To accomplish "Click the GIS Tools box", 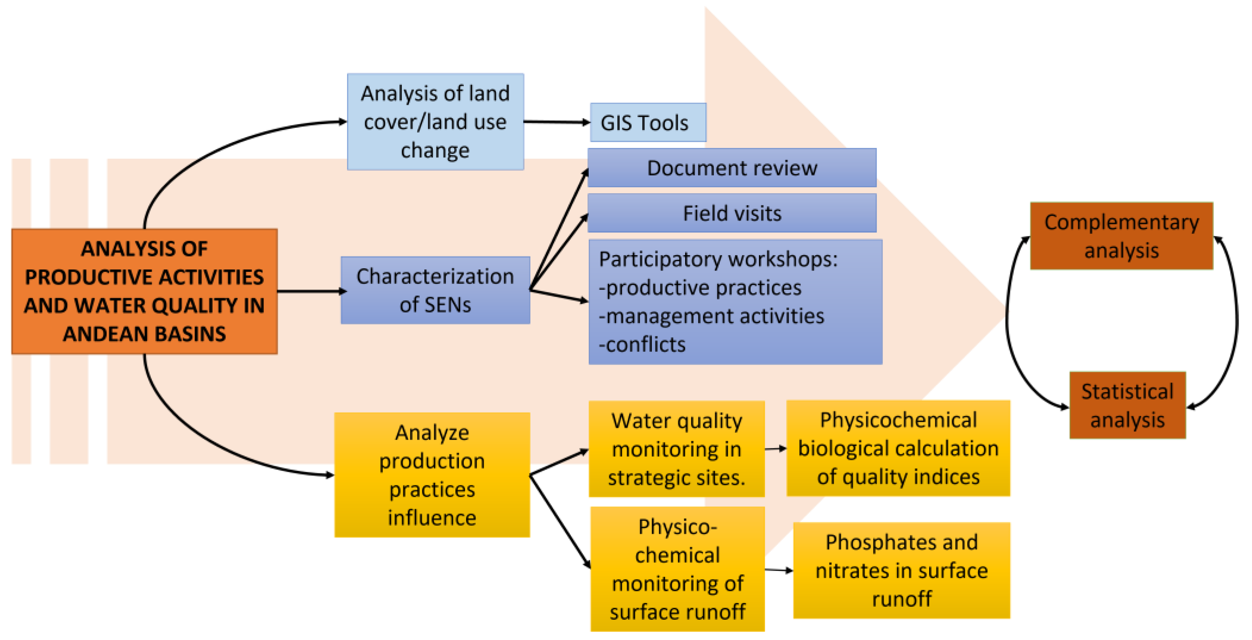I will pos(647,123).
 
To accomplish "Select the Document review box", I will pos(732,168).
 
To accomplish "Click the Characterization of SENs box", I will pos(435,290).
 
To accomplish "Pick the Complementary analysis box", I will pos(1121,236).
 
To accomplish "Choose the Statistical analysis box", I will pos(1127,405).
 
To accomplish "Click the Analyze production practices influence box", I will pos(432,475).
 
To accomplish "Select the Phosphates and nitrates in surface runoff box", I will pos(901,570).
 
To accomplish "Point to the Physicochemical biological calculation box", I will pos(898,448).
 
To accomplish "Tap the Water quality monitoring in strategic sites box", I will pos(676,448).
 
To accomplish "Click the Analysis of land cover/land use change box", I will pos(435,121).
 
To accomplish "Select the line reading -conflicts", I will pos(641,344).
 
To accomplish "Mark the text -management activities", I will pos(711,316).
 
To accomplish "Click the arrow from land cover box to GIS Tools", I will pos(556,122).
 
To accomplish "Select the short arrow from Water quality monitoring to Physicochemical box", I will pos(775,448).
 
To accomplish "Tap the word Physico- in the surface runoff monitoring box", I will pos(677,527).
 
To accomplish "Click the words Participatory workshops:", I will pos(718,259).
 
